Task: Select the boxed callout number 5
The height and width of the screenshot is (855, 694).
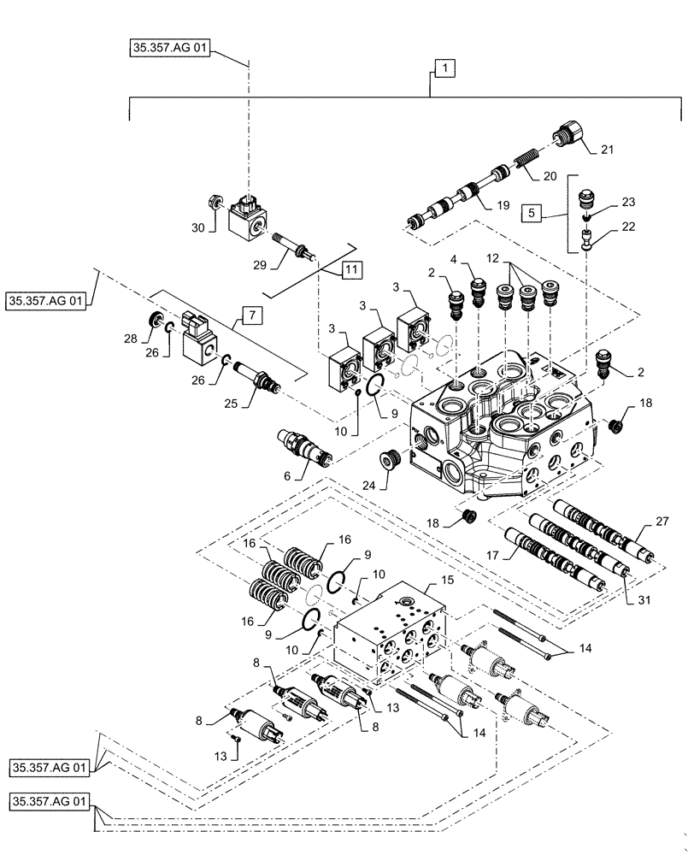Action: click(534, 210)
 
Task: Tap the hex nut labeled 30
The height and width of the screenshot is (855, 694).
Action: click(213, 203)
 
